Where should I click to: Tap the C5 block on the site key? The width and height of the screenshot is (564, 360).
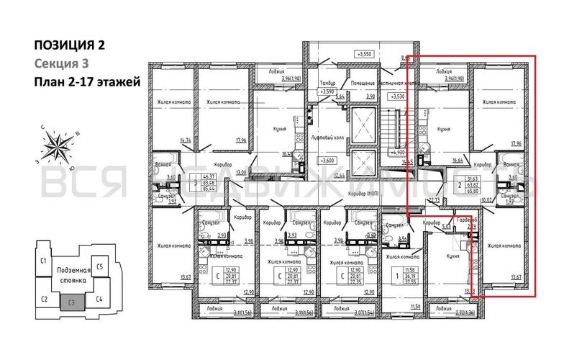click(x=101, y=267)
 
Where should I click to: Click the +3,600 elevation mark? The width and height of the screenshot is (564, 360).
click(x=327, y=160)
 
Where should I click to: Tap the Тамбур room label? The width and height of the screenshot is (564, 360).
click(x=328, y=84)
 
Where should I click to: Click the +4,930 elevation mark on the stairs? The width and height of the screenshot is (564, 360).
click(x=396, y=153)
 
